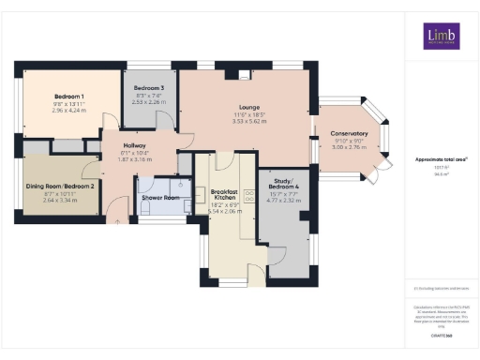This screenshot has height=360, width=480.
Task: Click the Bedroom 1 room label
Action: click(68, 97)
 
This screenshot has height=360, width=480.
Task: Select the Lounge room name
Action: click(248, 107)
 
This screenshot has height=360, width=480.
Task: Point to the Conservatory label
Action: click(348, 133)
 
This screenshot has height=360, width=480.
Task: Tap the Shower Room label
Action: click(160, 198)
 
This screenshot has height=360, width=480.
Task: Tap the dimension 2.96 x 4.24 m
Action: click(68, 111)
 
